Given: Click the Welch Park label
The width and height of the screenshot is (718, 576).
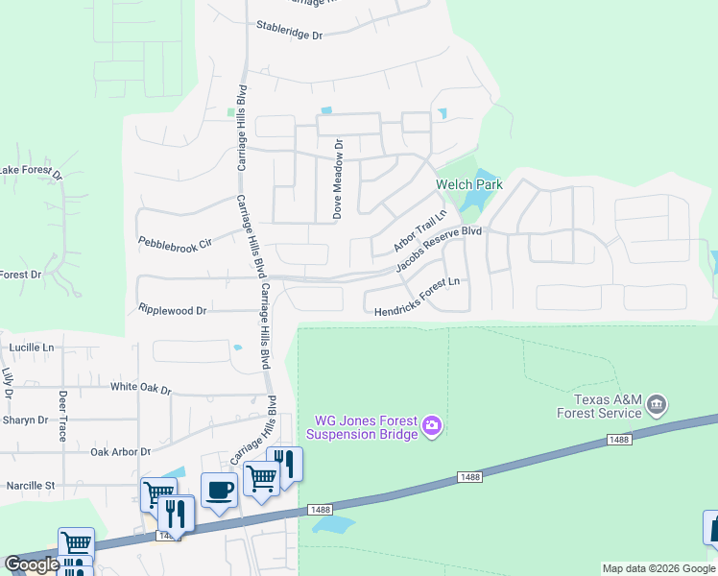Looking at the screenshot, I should coord(469,184).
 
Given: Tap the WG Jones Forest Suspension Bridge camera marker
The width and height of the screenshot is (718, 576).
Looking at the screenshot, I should coord(432,424).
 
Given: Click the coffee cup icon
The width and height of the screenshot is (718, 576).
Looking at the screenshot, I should coord(219,491).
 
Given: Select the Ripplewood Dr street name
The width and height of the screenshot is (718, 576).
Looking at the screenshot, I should coord(173,311).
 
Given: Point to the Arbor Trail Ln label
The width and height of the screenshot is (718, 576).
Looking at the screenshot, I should coord(420,231).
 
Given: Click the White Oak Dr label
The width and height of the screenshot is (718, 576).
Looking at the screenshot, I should coord(140,389).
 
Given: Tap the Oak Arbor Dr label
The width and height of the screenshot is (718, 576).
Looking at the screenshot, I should coord(120,451).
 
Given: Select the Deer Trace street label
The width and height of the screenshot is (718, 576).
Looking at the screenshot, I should coord(62,415).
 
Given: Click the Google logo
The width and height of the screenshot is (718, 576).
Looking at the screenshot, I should coord(32,564).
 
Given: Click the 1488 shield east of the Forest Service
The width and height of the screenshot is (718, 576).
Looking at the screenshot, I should coord(618,440).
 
